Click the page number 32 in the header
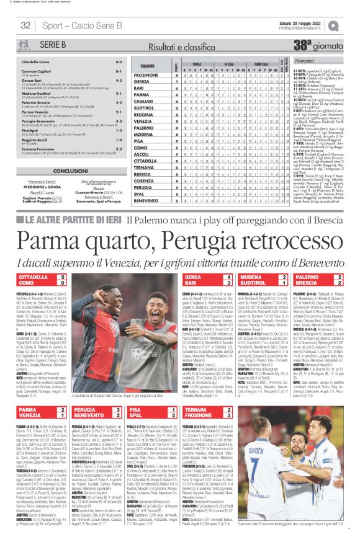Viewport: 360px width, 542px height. (x=25, y=25)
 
